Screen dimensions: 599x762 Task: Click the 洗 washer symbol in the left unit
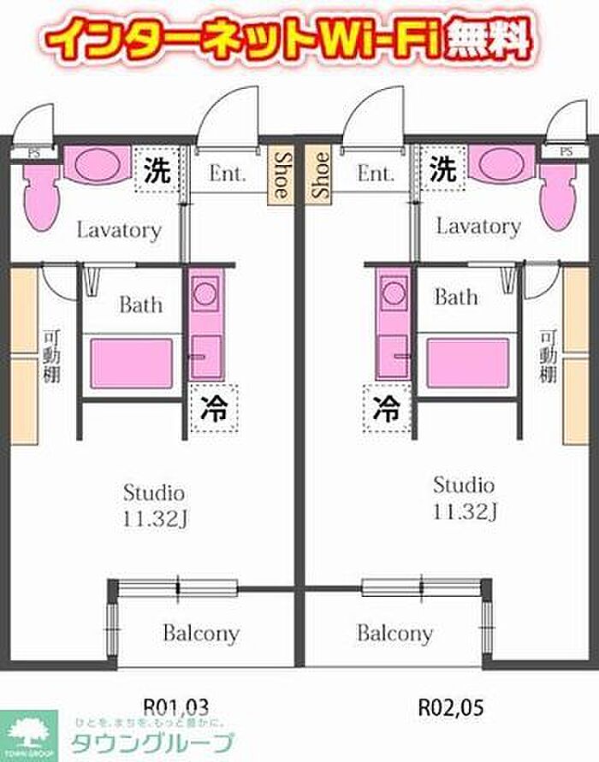[x=157, y=170]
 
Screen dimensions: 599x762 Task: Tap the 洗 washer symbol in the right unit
[x=442, y=168]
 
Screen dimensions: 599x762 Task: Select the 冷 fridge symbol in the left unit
[x=213, y=410]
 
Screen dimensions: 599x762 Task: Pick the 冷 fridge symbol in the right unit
[x=387, y=407]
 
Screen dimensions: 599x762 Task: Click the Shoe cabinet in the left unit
[x=281, y=175]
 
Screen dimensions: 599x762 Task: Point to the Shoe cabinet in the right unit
[x=320, y=175]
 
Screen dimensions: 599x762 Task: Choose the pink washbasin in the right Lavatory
[x=504, y=162]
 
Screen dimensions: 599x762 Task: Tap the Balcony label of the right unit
[x=394, y=634]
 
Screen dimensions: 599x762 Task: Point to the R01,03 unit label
[x=175, y=706]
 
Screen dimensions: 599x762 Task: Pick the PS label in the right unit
[x=566, y=151]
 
